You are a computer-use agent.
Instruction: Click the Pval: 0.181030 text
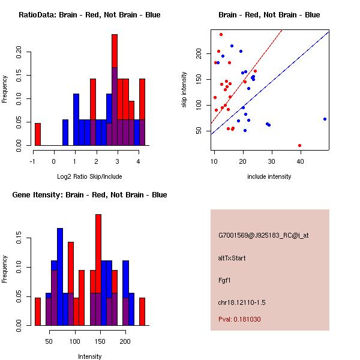(239, 319)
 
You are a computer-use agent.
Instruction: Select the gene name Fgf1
(224, 280)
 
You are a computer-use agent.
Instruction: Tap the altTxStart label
(232, 258)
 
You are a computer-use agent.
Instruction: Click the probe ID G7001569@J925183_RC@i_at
(263, 235)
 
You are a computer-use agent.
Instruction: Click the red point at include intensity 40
(299, 145)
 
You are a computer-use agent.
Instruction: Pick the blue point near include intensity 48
(325, 119)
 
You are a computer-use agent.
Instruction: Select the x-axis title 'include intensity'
(269, 176)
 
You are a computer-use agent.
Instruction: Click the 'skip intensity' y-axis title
(185, 90)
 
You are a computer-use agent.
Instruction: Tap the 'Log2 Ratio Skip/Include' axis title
(89, 176)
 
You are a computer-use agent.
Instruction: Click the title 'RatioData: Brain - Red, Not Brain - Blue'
(89, 15)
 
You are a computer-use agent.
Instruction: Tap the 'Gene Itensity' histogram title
(89, 195)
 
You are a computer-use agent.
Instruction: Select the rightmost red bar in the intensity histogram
(142, 311)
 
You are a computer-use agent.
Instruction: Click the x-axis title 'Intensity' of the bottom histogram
(89, 356)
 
